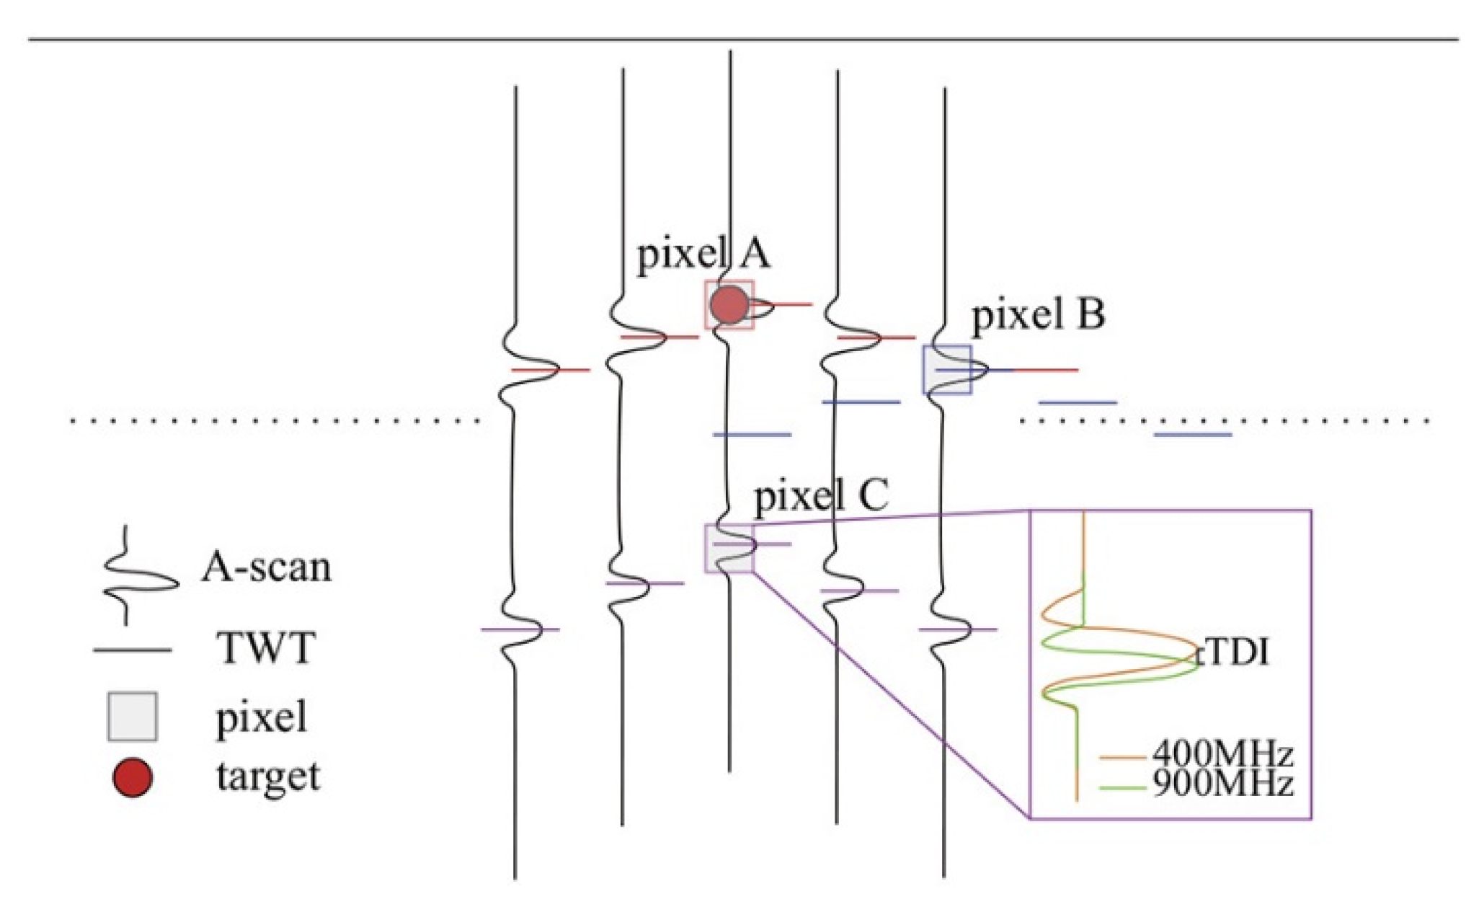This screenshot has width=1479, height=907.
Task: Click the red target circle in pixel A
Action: tap(729, 304)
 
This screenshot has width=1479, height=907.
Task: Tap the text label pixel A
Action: tap(703, 254)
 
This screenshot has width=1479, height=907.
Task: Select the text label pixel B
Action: tap(1038, 315)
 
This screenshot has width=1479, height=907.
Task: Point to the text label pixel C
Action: tap(820, 497)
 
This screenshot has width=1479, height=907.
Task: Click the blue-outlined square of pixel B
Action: tap(947, 370)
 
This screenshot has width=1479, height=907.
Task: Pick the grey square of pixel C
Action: tap(729, 549)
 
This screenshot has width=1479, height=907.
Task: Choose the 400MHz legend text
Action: tap(1222, 755)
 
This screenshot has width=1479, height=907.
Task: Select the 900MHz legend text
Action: tap(1222, 784)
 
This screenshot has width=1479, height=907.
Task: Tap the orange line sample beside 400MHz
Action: tap(1122, 758)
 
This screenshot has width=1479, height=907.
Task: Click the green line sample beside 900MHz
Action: tap(1122, 788)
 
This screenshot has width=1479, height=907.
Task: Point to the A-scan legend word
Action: tap(267, 567)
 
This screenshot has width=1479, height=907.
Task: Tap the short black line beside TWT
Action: tap(132, 650)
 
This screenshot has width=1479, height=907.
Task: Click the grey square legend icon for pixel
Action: tap(133, 717)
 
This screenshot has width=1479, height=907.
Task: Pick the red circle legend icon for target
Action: tap(133, 778)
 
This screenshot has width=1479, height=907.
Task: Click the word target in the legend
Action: tap(268, 777)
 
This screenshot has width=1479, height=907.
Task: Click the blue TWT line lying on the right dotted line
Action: tap(1193, 435)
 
